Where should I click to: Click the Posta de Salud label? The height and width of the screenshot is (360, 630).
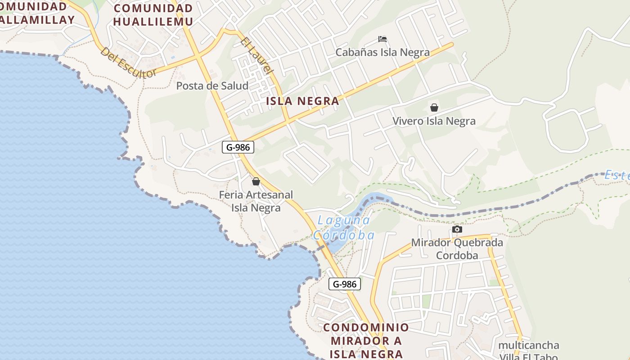(x=212, y=85)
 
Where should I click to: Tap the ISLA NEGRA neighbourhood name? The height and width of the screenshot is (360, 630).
(x=302, y=101)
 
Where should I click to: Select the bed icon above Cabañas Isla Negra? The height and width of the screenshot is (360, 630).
(x=382, y=39)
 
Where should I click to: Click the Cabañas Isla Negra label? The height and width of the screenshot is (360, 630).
(x=382, y=52)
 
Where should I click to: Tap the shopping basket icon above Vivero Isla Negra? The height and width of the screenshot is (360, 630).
(x=434, y=108)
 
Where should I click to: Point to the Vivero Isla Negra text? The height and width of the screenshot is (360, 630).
(x=434, y=121)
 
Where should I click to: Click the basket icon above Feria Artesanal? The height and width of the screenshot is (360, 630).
(x=256, y=181)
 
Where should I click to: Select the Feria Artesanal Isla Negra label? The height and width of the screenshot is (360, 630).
(x=256, y=201)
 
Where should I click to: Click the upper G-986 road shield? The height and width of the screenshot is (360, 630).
(x=238, y=147)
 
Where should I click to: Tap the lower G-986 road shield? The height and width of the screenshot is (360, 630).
(x=345, y=284)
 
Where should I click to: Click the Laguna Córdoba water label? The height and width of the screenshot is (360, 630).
(x=344, y=228)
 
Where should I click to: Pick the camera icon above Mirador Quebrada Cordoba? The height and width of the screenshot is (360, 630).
(x=457, y=229)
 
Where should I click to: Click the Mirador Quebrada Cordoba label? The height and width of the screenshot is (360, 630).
(x=457, y=249)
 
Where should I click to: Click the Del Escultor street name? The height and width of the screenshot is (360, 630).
(x=128, y=63)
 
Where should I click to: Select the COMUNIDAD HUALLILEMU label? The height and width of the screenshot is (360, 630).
(x=153, y=15)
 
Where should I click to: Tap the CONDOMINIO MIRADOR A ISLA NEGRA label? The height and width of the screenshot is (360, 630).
(x=366, y=340)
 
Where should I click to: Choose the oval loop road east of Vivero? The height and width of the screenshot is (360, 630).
(x=567, y=130)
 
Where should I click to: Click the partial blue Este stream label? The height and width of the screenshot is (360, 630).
(x=617, y=175)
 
